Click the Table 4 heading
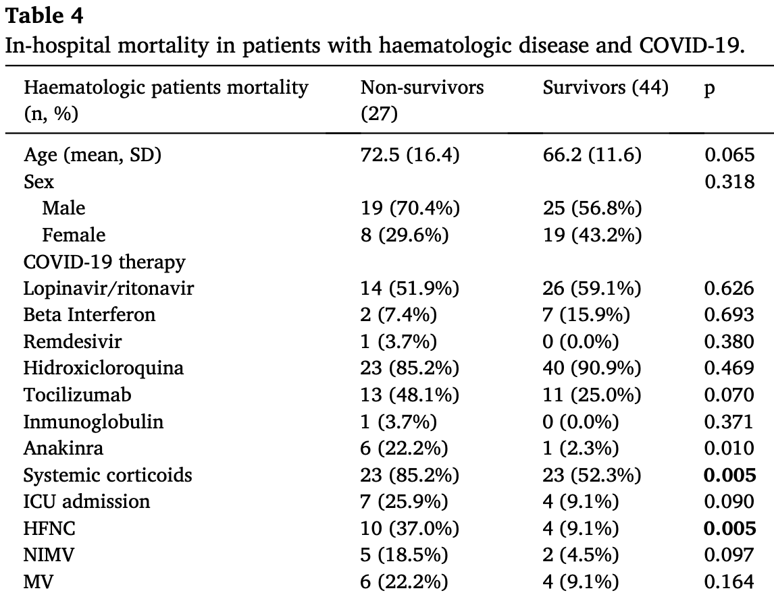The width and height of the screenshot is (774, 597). click(44, 16)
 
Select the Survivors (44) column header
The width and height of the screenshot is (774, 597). click(606, 88)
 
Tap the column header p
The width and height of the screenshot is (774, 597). click(709, 89)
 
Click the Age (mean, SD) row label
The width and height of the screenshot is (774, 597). click(93, 155)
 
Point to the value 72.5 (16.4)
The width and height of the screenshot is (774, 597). click(410, 155)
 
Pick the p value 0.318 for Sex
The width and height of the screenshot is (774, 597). click(729, 181)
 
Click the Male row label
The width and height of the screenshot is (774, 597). click(63, 208)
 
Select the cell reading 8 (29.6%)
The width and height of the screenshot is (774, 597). click(405, 235)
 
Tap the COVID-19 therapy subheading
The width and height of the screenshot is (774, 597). click(104, 262)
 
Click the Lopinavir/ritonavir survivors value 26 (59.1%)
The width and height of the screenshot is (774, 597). click(592, 289)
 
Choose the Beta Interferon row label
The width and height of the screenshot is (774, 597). click(89, 314)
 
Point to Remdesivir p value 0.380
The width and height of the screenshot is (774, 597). click(729, 341)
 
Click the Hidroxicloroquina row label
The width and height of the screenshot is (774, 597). click(103, 368)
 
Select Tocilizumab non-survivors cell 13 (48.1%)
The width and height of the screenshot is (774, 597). click(410, 395)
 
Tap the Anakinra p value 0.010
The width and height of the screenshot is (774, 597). click(729, 448)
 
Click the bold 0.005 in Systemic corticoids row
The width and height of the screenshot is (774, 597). click(729, 475)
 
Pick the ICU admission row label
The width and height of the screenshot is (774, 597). click(86, 501)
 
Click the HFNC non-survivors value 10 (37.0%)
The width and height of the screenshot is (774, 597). click(410, 528)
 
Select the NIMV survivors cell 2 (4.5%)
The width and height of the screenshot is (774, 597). click(581, 555)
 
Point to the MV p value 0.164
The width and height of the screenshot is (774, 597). click(729, 581)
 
